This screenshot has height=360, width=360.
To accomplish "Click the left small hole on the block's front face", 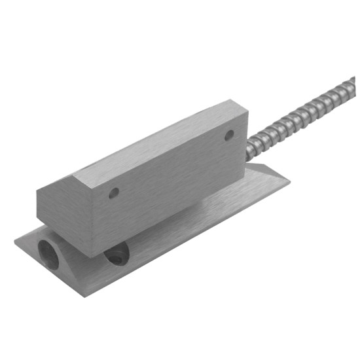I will click(114, 193).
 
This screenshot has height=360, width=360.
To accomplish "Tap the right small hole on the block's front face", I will click(229, 135).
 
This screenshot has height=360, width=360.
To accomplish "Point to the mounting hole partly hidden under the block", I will click(117, 255).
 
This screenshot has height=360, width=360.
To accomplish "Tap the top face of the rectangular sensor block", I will click(151, 144).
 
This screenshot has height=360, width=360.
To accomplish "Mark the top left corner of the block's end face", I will click(37, 189).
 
